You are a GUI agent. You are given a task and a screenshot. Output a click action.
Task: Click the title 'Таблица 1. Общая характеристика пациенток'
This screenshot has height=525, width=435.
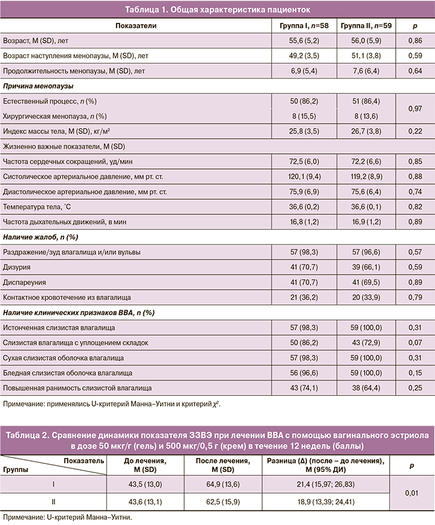pyautogui.click(x=217, y=10)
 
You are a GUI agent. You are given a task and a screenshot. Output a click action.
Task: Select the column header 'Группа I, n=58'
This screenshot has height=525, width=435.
pyautogui.click(x=304, y=27)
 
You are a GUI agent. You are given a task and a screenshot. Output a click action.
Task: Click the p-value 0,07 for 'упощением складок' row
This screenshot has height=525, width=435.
pyautogui.click(x=414, y=343)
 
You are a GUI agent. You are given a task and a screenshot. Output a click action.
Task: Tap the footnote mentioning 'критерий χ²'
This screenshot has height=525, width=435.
pyautogui.click(x=111, y=404)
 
